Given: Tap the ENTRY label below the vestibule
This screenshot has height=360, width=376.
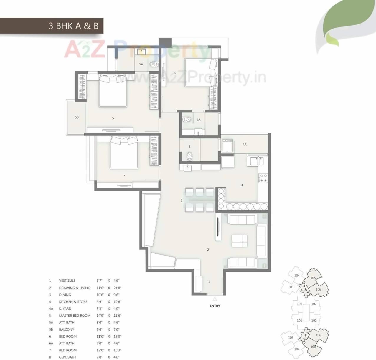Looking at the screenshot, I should [215, 306].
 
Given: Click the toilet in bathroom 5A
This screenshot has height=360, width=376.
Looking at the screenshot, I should [154, 64].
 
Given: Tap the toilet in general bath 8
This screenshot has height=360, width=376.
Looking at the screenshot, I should [189, 155].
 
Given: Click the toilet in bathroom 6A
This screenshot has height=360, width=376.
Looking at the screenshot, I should [187, 120].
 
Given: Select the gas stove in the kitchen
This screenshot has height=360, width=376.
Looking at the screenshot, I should [263, 178].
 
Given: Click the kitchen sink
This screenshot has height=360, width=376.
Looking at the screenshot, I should [257, 161].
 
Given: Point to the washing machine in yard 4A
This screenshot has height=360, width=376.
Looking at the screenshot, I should [227, 145].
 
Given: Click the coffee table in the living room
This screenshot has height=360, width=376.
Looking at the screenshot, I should [239, 241].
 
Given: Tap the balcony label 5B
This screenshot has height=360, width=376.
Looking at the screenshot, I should [77, 117].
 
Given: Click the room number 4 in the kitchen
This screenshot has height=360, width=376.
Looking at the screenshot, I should [242, 185].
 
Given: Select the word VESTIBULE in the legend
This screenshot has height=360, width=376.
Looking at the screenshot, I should [67, 281].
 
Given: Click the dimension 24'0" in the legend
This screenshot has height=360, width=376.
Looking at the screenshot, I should [117, 288].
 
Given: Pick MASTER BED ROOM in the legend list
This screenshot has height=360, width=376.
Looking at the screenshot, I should [75, 316].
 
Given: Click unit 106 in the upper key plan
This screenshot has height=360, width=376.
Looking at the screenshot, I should [318, 289].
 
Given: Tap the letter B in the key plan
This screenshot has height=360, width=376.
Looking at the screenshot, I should [306, 335].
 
